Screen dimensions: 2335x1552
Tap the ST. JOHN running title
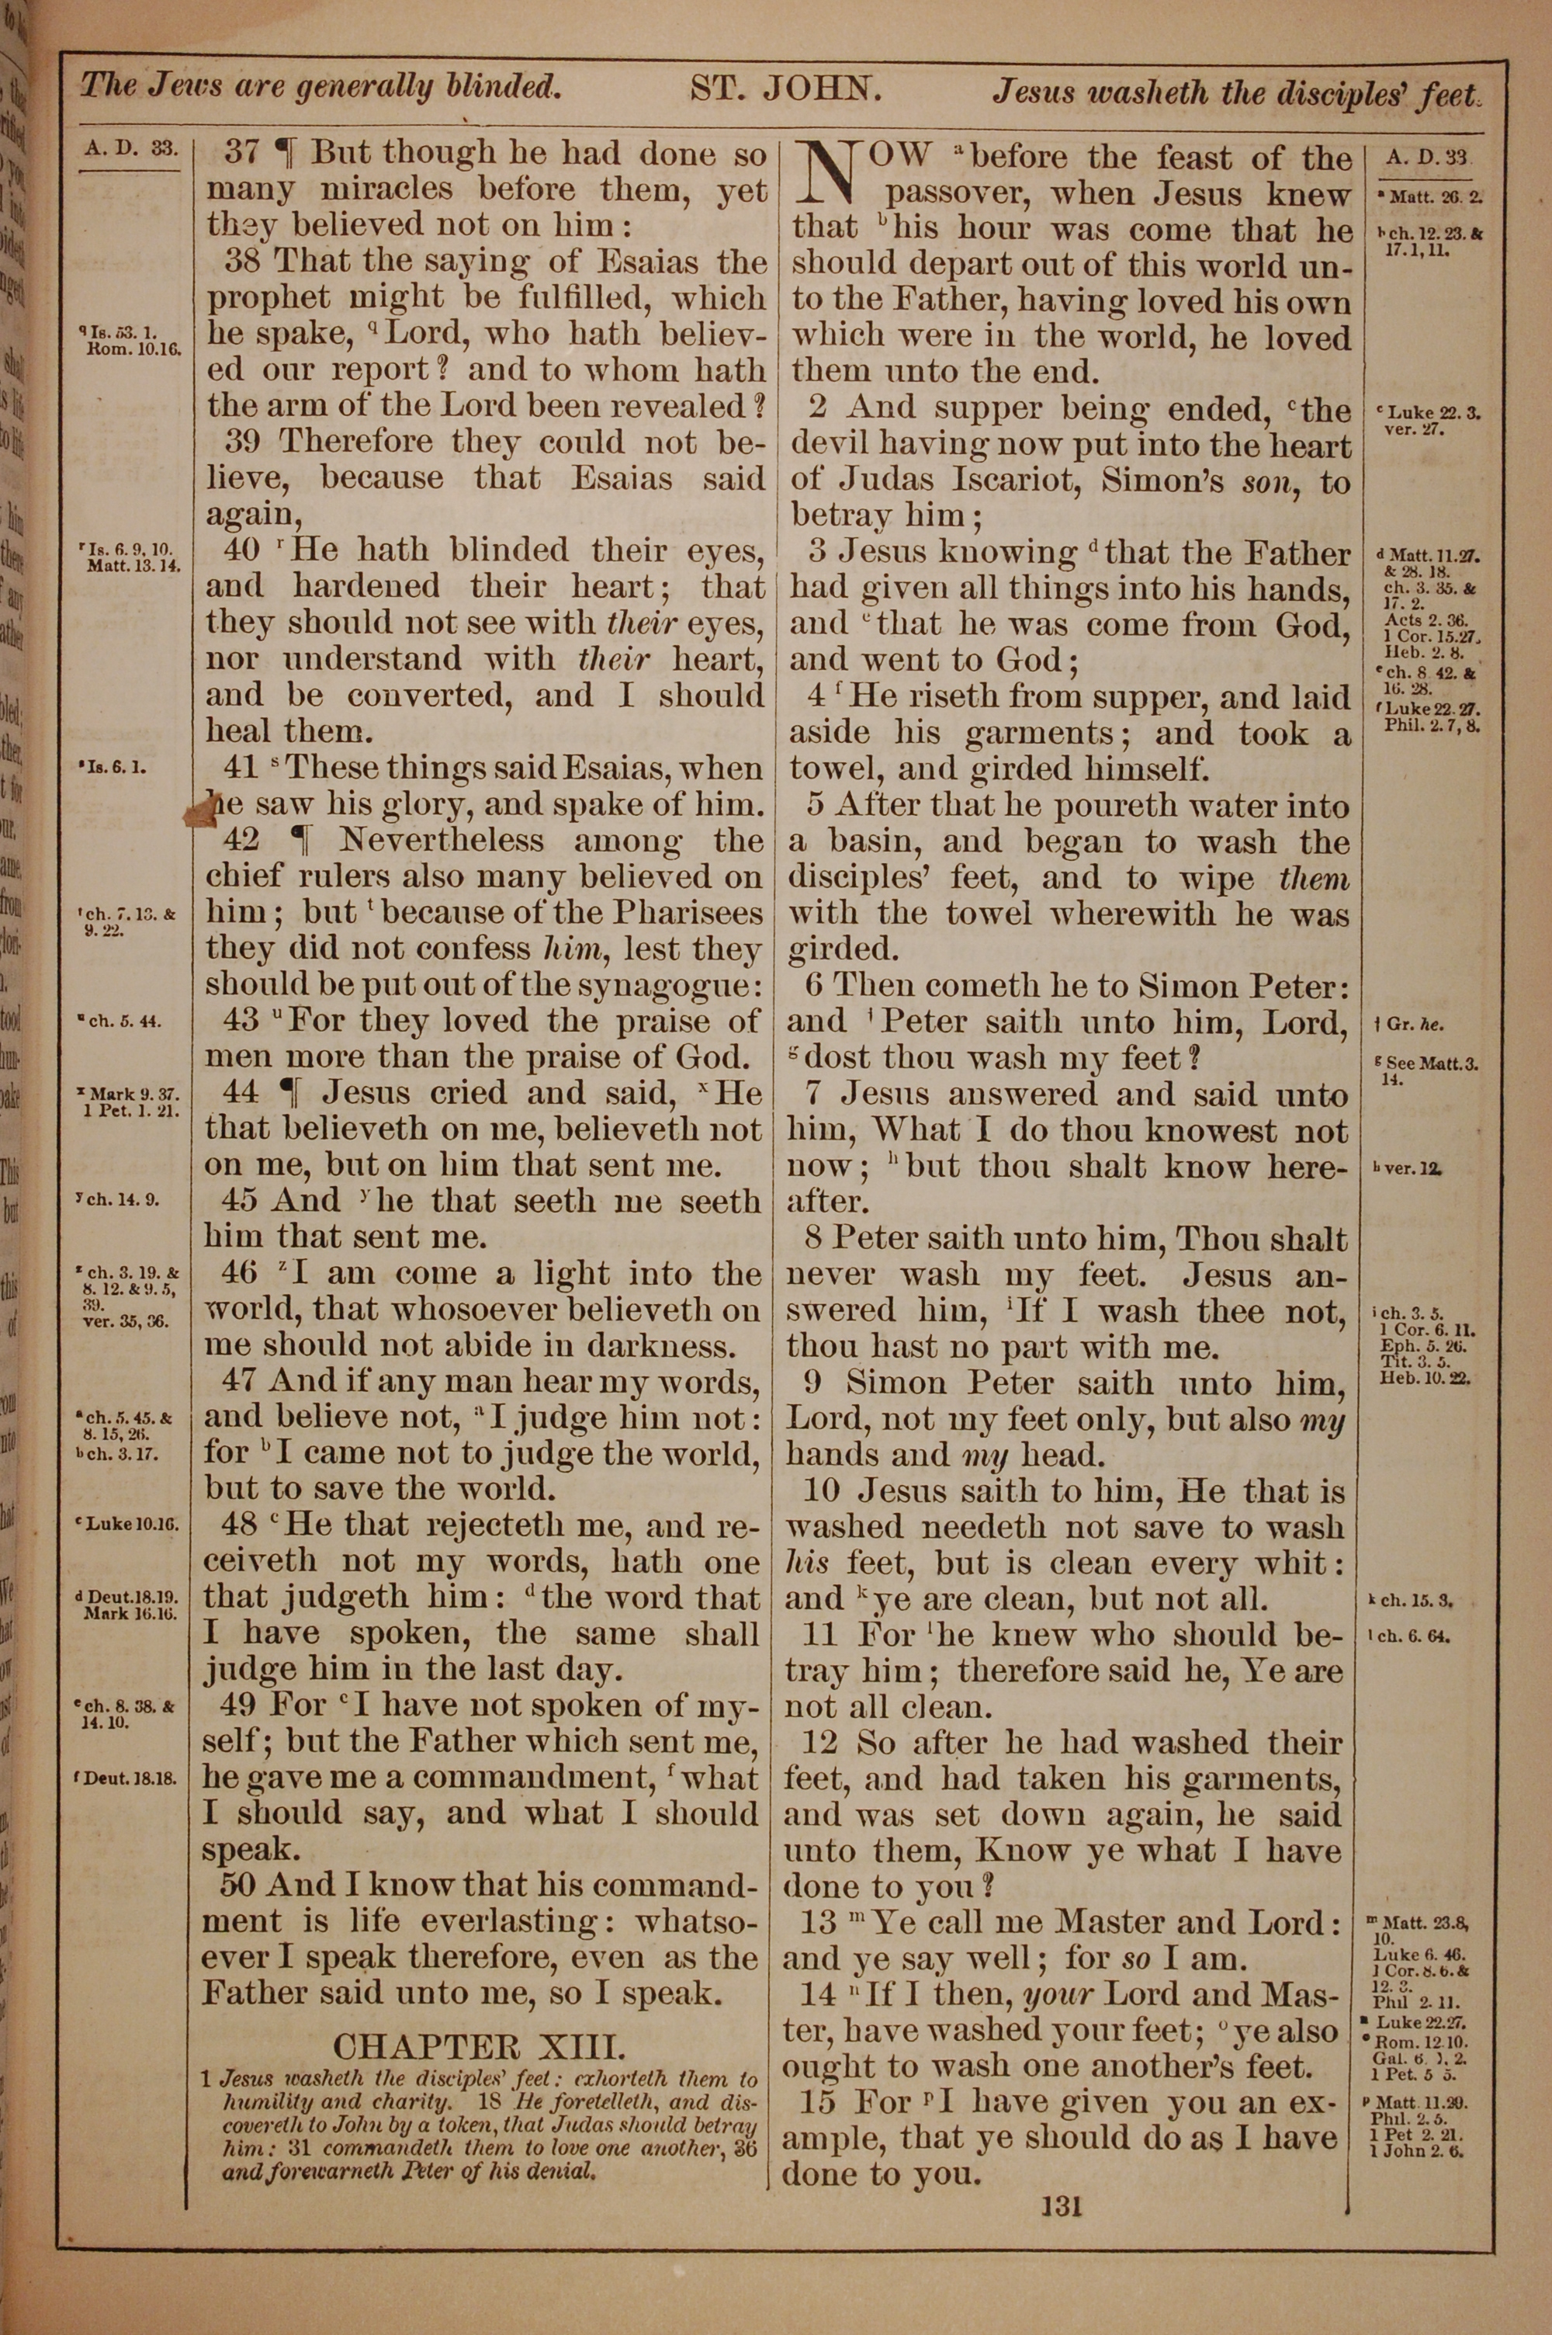click(785, 90)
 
